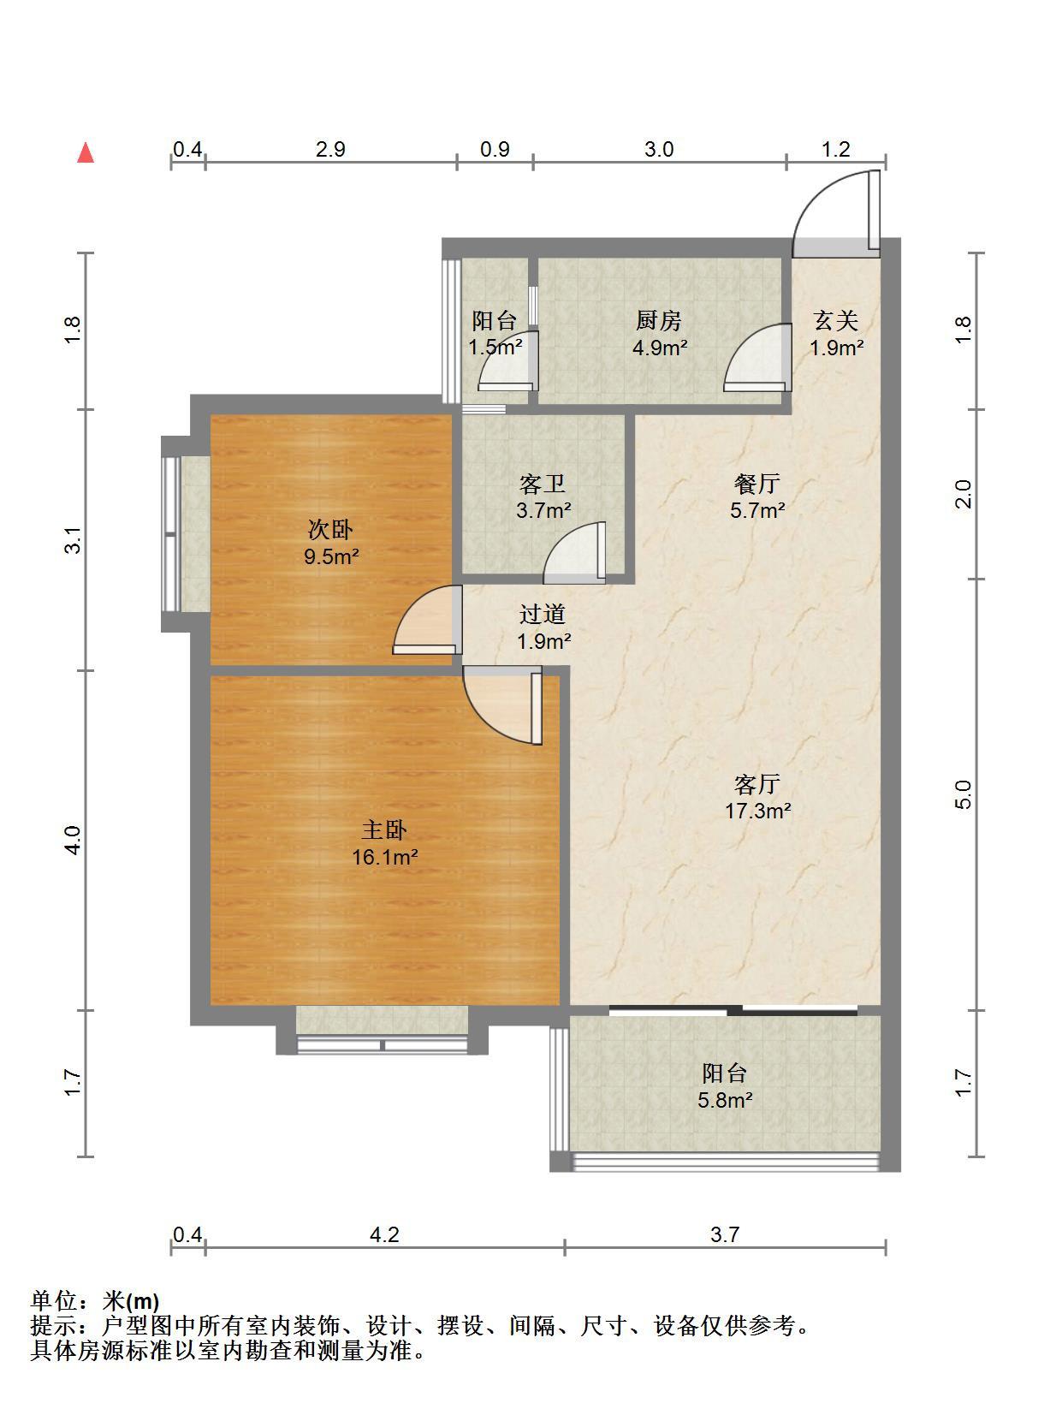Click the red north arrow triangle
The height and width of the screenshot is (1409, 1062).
point(86,153)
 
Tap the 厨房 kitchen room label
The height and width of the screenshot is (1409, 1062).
point(658,320)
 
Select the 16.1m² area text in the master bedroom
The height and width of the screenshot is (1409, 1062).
point(384,856)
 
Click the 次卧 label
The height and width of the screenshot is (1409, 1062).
point(330,530)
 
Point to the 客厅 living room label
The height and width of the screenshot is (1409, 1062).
point(757,784)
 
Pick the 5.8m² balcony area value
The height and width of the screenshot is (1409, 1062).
point(725,1100)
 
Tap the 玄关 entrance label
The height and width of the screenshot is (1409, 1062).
point(835,320)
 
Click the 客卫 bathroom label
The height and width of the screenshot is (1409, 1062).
point(543,484)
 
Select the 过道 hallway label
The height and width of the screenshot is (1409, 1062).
point(543,615)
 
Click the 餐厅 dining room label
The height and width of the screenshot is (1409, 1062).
point(757,484)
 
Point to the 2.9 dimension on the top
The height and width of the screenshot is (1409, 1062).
point(330,149)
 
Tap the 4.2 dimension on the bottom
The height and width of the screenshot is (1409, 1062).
point(384,1234)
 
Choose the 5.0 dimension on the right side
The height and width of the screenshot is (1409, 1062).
point(964,794)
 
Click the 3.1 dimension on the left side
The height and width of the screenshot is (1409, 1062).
point(73,540)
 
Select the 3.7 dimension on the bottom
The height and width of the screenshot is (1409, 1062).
point(725,1234)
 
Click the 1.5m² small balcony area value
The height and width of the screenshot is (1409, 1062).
point(495,348)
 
